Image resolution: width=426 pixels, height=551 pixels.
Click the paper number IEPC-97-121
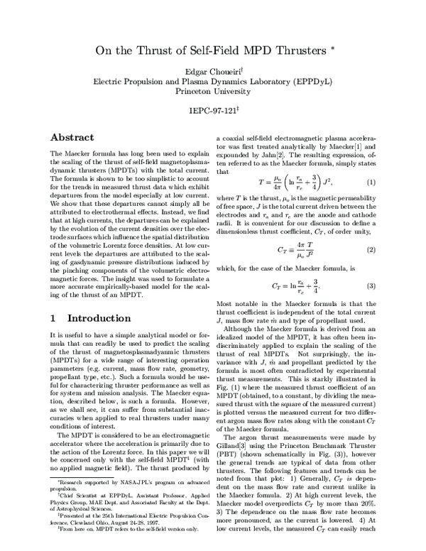[212, 112]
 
